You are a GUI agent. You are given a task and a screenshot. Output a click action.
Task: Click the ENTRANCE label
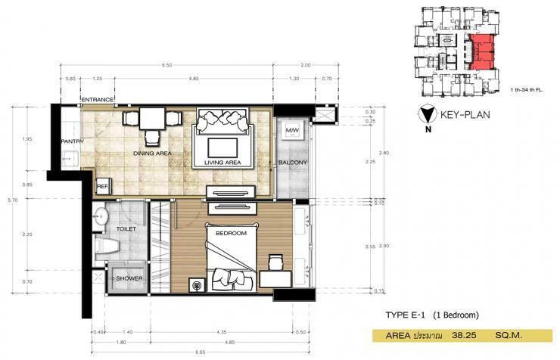(x=97, y=99)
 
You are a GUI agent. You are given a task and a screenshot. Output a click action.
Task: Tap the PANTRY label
(x=72, y=141)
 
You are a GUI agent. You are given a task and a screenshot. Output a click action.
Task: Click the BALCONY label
(x=291, y=163)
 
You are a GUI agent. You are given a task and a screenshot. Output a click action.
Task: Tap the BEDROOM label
(x=232, y=234)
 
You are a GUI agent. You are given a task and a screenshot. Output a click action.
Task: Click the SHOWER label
(x=129, y=279)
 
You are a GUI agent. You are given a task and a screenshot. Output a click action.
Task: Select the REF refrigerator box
(x=101, y=186)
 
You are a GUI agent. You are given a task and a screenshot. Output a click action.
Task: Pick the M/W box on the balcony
(x=291, y=132)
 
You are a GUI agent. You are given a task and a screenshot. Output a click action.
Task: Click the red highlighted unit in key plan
(x=484, y=53)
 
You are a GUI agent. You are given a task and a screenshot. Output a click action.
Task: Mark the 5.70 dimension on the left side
(x=11, y=200)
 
